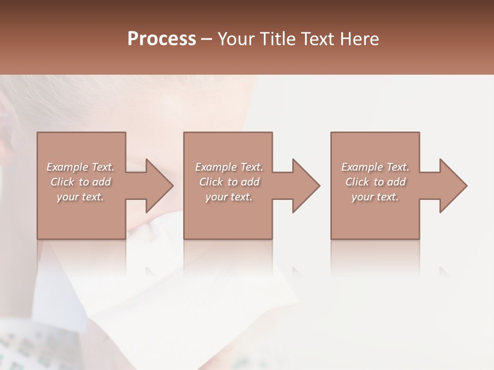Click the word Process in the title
[162, 39]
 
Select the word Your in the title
[236, 39]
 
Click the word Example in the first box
[67, 167]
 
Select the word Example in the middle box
[216, 167]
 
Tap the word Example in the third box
[362, 167]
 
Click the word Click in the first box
[62, 182]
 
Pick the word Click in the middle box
[211, 182]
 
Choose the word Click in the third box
[357, 182]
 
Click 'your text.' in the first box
[80, 197]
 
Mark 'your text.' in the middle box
[229, 197]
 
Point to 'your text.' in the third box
[375, 197]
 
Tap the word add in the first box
[101, 182]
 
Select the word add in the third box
[397, 182]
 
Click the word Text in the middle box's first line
[251, 167]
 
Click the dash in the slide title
[207, 39]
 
